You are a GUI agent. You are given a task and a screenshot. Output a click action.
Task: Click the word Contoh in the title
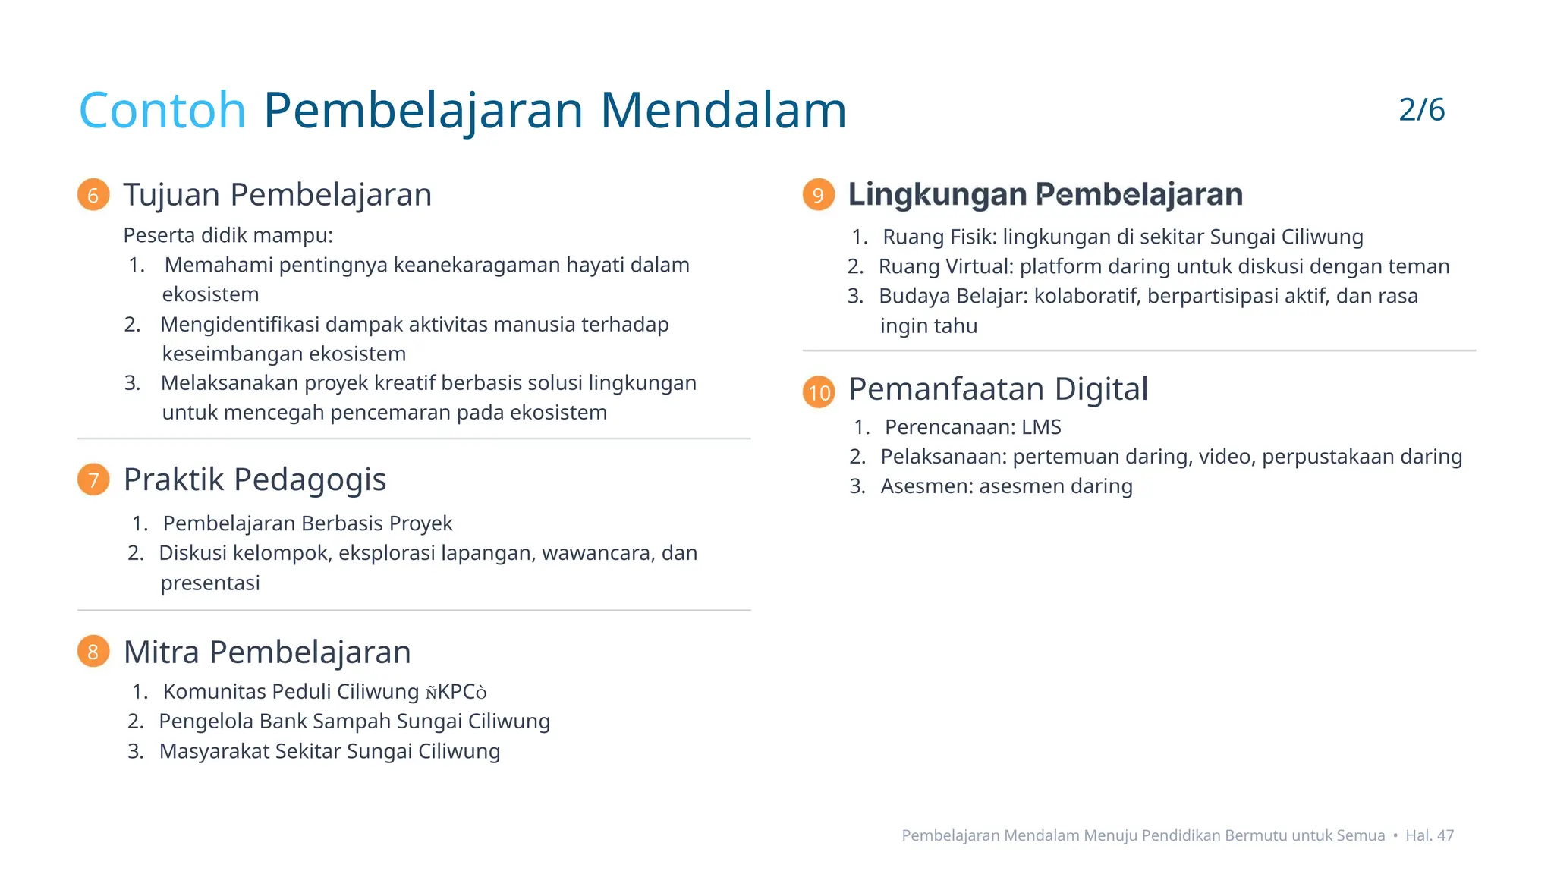point(162,111)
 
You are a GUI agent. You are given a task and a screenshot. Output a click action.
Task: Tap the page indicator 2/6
point(1421,110)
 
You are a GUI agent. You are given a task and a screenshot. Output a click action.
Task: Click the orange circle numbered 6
point(93,195)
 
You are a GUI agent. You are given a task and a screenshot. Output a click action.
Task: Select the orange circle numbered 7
point(93,479)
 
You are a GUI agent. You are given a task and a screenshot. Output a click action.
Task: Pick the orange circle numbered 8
point(93,652)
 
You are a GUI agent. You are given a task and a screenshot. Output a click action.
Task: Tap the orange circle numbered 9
point(818,195)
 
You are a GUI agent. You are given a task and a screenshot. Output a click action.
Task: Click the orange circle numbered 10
point(819,391)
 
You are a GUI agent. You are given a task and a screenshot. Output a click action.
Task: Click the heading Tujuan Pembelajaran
point(278,195)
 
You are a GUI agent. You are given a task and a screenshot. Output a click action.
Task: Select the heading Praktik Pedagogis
point(255,479)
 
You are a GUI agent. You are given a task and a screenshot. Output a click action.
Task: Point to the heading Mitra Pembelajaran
point(267,652)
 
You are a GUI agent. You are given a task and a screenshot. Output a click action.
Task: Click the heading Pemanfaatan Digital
point(998,389)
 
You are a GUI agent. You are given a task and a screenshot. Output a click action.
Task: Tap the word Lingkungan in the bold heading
point(937,194)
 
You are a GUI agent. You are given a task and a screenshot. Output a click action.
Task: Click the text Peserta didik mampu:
point(228,235)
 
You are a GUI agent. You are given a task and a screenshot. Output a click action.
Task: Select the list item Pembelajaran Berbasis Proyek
point(307,523)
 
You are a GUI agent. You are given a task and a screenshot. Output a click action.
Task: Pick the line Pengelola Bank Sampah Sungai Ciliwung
point(354,722)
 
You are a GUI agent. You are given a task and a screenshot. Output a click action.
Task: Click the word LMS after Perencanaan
point(1041,427)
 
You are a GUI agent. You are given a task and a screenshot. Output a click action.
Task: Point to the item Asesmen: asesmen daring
point(1006,486)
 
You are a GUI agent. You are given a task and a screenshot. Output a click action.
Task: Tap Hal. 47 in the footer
point(1430,835)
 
